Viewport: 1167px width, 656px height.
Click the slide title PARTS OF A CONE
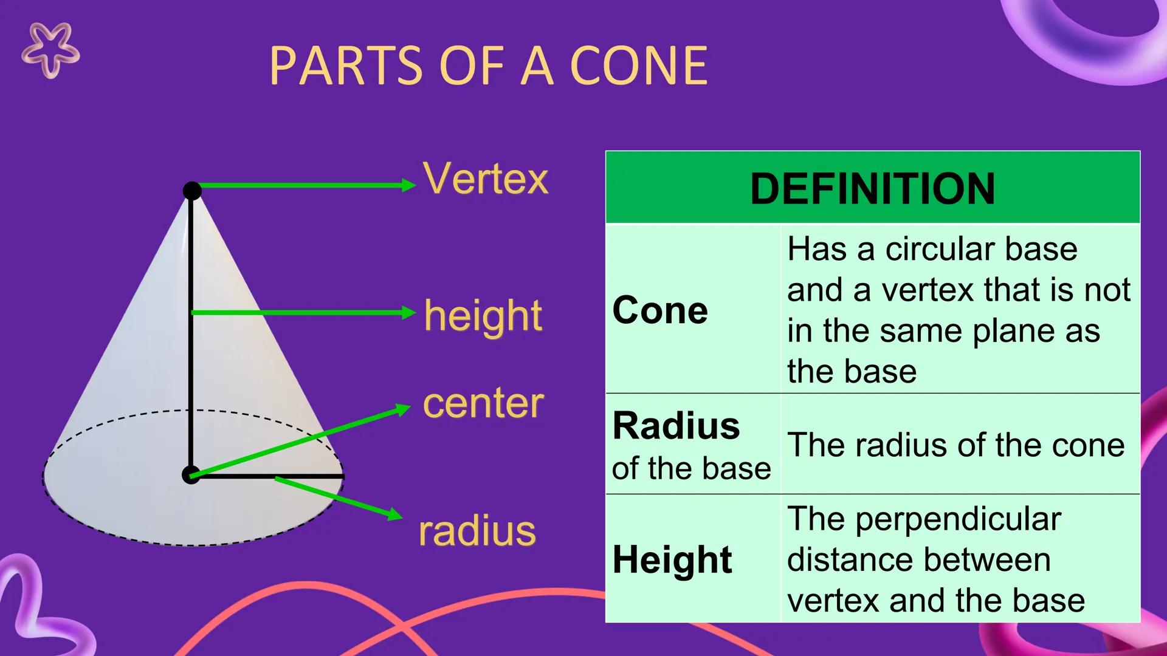(488, 66)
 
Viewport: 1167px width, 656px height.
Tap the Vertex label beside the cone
(486, 179)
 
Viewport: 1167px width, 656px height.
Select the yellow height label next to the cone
(483, 316)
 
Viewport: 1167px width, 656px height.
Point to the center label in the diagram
(483, 403)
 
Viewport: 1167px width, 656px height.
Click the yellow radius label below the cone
(477, 531)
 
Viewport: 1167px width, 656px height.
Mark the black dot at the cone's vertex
(192, 191)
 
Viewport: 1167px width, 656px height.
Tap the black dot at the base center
(191, 475)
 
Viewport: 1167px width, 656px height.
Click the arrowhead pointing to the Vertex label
(409, 185)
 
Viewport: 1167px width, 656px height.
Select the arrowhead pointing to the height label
(409, 313)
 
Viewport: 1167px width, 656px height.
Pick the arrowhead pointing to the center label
(404, 409)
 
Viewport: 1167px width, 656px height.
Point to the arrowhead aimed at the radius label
(396, 514)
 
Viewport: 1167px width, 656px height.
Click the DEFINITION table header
(873, 188)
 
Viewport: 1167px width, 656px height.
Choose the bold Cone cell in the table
(660, 310)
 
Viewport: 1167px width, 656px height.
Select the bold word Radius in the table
(676, 425)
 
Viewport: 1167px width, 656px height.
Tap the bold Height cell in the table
(672, 559)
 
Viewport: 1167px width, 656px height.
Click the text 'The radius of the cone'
(956, 445)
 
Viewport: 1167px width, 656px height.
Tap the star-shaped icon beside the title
(50, 50)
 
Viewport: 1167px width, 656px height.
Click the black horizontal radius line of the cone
(267, 477)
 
